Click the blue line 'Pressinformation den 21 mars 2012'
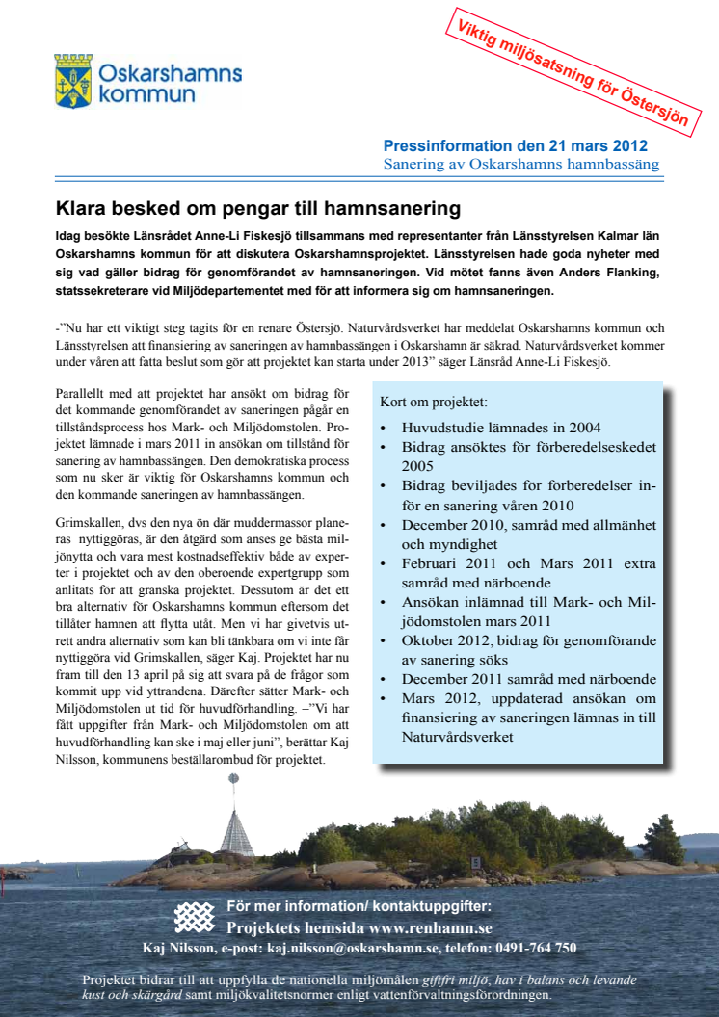tap(516, 146)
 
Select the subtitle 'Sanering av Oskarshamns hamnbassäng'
tap(521, 165)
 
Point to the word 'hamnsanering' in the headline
tap(400, 208)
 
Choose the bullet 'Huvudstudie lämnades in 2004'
tap(502, 427)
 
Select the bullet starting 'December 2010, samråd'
tap(528, 525)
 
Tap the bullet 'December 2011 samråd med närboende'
tap(528, 679)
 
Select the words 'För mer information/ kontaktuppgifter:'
tap(359, 906)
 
